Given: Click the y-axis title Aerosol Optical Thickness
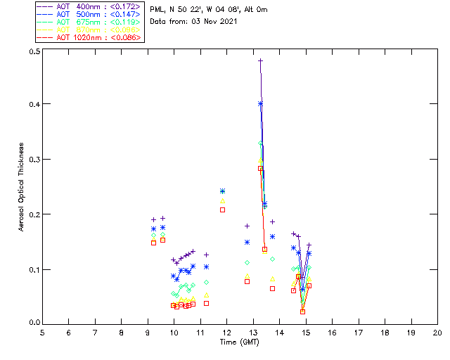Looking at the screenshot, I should point(22,188).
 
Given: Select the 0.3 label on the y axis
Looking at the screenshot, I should point(32,160).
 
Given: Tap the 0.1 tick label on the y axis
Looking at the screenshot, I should point(32,269).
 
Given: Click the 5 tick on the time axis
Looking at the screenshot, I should point(42,332).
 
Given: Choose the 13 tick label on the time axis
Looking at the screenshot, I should point(253,332).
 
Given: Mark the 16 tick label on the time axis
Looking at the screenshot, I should point(332,332).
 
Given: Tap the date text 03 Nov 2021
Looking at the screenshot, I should point(211,22).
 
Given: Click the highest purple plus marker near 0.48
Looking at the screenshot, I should point(260,60).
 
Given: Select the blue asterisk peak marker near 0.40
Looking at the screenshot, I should point(260,103).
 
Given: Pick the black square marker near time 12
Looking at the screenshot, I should point(222,210).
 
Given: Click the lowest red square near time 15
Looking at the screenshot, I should point(302,311).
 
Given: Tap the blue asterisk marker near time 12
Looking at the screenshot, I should point(222,191).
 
